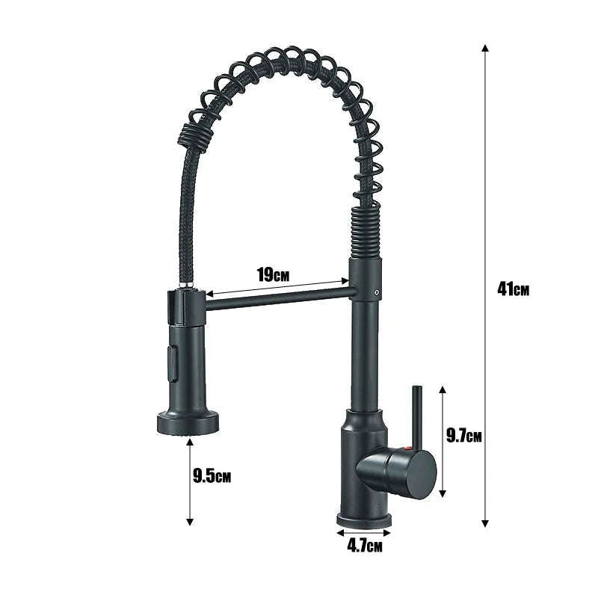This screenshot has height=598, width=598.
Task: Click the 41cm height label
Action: click(512, 288)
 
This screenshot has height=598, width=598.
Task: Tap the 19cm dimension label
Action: click(274, 274)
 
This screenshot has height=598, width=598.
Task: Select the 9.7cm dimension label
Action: click(464, 436)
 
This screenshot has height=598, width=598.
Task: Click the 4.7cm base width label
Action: click(365, 546)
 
